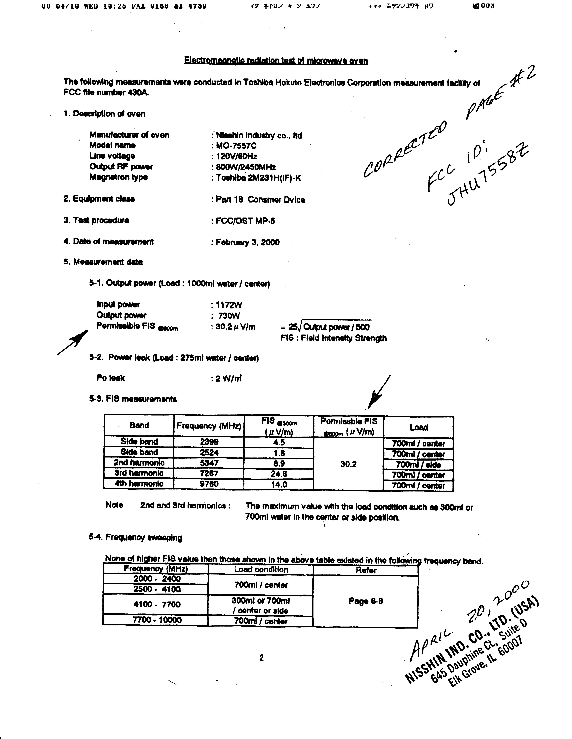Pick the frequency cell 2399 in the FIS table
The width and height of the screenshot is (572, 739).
(209, 442)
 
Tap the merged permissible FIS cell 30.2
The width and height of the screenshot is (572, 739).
(348, 464)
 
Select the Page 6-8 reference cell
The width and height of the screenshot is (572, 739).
(365, 601)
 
